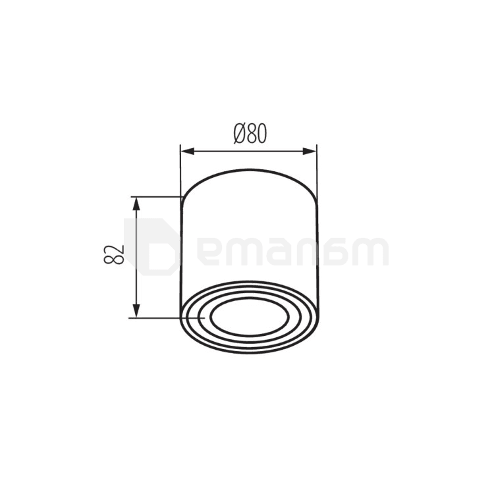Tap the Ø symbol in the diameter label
click(240, 133)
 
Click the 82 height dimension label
click(113, 254)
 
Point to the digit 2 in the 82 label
click(113, 249)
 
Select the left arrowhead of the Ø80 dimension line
click(188, 151)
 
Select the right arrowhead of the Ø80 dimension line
click(309, 151)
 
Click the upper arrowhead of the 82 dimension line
click(136, 204)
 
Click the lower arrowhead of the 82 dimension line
click(136, 311)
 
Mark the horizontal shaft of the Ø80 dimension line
click(248, 151)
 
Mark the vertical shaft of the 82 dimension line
click(136, 258)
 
